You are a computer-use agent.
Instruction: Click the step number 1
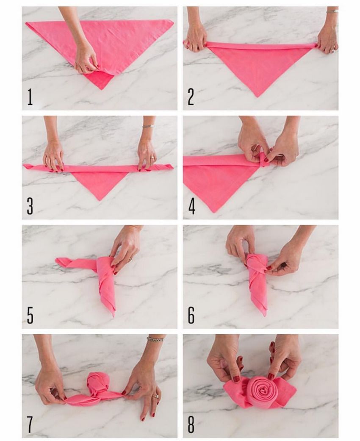(30, 97)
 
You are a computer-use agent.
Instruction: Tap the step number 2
(191, 97)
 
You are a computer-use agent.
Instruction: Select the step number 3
(30, 206)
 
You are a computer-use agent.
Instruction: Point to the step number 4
(191, 206)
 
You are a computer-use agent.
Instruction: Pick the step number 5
(30, 315)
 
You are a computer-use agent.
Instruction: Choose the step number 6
(191, 315)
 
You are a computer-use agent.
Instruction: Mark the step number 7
(30, 424)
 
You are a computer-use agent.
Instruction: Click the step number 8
(191, 424)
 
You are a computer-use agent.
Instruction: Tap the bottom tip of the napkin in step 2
(258, 97)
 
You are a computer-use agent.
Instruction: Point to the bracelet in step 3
(148, 126)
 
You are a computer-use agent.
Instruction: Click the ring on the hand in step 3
(152, 158)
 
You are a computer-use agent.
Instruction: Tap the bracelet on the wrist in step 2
(332, 11)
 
